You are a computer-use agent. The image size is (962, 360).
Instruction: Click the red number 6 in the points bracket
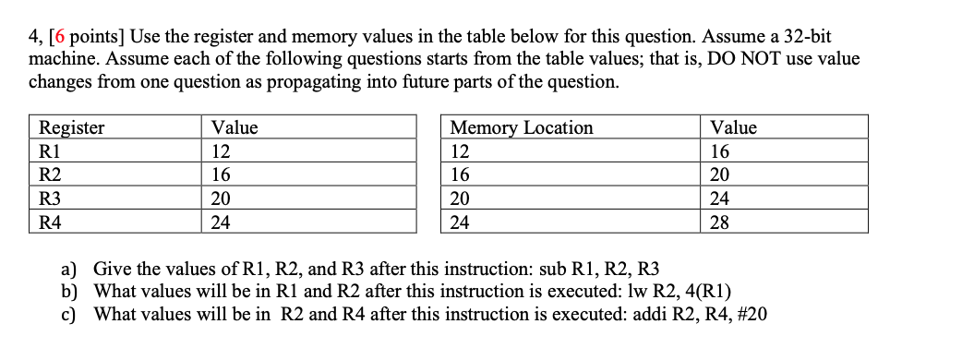(60, 37)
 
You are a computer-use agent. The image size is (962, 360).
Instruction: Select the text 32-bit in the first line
(802, 37)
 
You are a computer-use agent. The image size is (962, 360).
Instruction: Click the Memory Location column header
(522, 127)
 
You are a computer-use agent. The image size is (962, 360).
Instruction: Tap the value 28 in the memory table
(719, 222)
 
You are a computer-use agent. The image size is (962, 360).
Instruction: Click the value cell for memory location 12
(719, 151)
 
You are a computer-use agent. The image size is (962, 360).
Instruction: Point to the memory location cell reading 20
(460, 198)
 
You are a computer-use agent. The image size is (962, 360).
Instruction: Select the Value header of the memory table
(733, 127)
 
